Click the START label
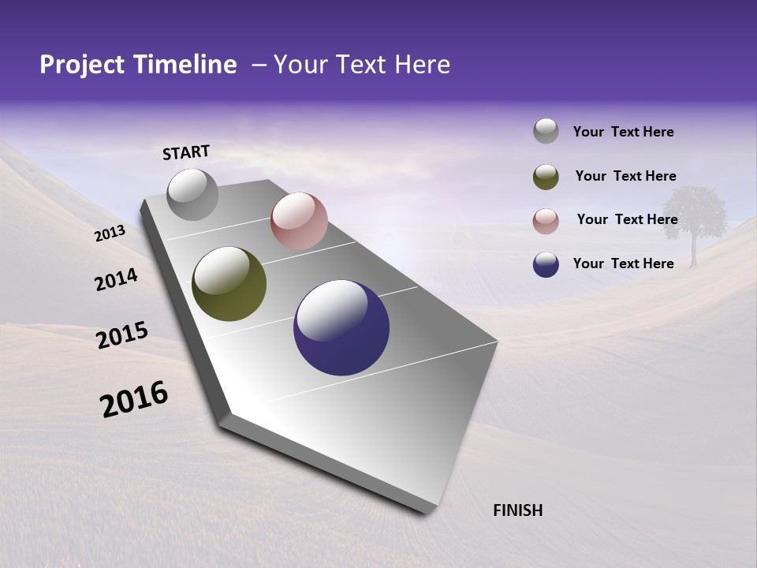point(186,152)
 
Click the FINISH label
point(517,510)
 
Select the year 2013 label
point(110,234)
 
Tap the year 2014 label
point(116,279)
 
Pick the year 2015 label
point(122,335)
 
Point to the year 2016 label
point(134,398)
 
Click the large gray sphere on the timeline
point(193,194)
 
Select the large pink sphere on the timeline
point(299,221)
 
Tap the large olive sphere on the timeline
point(229,284)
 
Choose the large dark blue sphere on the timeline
point(341,327)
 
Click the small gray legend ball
point(546,132)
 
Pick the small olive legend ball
point(546,177)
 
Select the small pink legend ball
point(546,221)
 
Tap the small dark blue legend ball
point(546,264)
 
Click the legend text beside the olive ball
point(625,176)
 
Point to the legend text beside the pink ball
point(627,219)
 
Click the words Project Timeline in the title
point(138,65)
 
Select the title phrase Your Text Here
point(361,65)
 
